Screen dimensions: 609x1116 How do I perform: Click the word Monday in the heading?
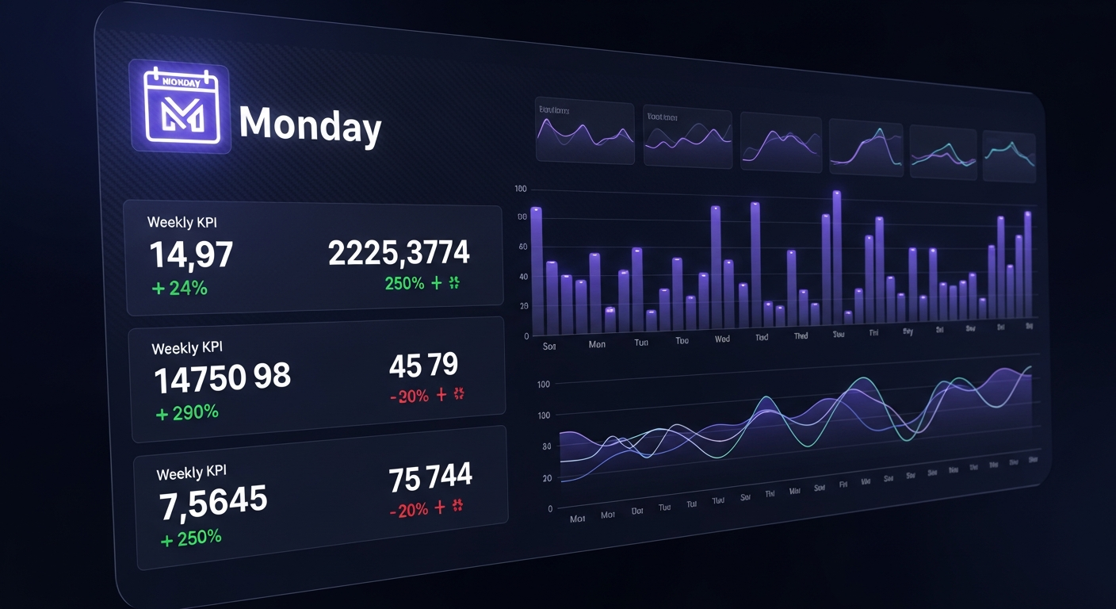coord(310,124)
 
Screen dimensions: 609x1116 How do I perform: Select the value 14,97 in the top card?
coord(191,255)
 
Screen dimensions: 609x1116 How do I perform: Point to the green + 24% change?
coord(179,288)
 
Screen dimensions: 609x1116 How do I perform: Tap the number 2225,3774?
coord(399,253)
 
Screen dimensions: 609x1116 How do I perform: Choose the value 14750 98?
coord(222,378)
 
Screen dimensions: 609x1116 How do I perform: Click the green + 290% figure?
coord(187,412)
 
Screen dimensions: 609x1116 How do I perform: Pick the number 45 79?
coord(423,365)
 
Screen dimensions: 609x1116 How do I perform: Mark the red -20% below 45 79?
coord(410,396)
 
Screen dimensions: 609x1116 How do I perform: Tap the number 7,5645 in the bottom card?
coord(213,504)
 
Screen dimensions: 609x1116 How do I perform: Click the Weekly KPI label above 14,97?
coord(182,222)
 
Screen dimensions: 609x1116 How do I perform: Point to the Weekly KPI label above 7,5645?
coord(191,473)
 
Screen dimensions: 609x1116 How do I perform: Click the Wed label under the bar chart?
coord(722,339)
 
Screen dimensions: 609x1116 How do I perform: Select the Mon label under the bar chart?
coord(597,344)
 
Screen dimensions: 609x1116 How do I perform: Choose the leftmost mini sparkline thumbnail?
coord(585,133)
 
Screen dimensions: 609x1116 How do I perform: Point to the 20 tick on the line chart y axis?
coord(547,478)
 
